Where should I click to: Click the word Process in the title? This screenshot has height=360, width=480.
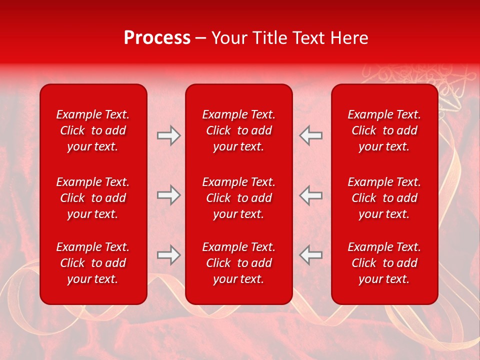157,38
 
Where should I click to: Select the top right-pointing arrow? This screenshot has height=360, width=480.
168,135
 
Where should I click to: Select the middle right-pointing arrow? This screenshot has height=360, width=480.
168,195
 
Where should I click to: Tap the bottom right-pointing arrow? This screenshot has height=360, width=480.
168,255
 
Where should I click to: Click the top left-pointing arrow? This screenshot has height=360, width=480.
310,135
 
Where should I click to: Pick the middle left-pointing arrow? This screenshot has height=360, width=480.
310,195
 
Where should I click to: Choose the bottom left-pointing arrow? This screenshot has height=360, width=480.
310,255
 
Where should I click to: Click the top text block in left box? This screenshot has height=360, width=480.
93,130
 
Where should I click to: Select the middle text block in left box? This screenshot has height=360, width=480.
93,198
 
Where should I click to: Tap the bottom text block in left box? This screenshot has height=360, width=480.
93,263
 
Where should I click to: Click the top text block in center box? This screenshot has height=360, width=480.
238,130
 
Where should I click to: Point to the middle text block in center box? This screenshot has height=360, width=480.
238,198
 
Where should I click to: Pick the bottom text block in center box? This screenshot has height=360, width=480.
238,263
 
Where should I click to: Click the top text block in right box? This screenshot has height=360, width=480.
384,130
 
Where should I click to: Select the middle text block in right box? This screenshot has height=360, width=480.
384,198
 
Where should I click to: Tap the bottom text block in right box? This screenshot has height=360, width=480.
384,263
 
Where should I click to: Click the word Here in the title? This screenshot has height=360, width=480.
350,38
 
